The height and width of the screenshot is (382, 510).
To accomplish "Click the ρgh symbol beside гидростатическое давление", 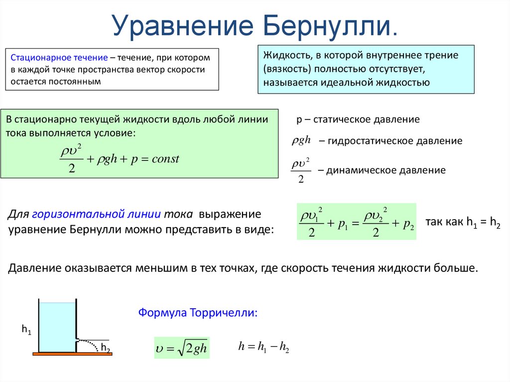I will tap(301, 140).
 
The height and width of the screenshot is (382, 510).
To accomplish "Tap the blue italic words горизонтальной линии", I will tap(96, 214).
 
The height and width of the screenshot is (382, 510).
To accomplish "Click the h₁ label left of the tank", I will tap(26, 329).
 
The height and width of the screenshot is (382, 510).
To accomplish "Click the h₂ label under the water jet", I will tap(106, 348).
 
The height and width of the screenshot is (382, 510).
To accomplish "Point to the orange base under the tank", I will tap(72, 354).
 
